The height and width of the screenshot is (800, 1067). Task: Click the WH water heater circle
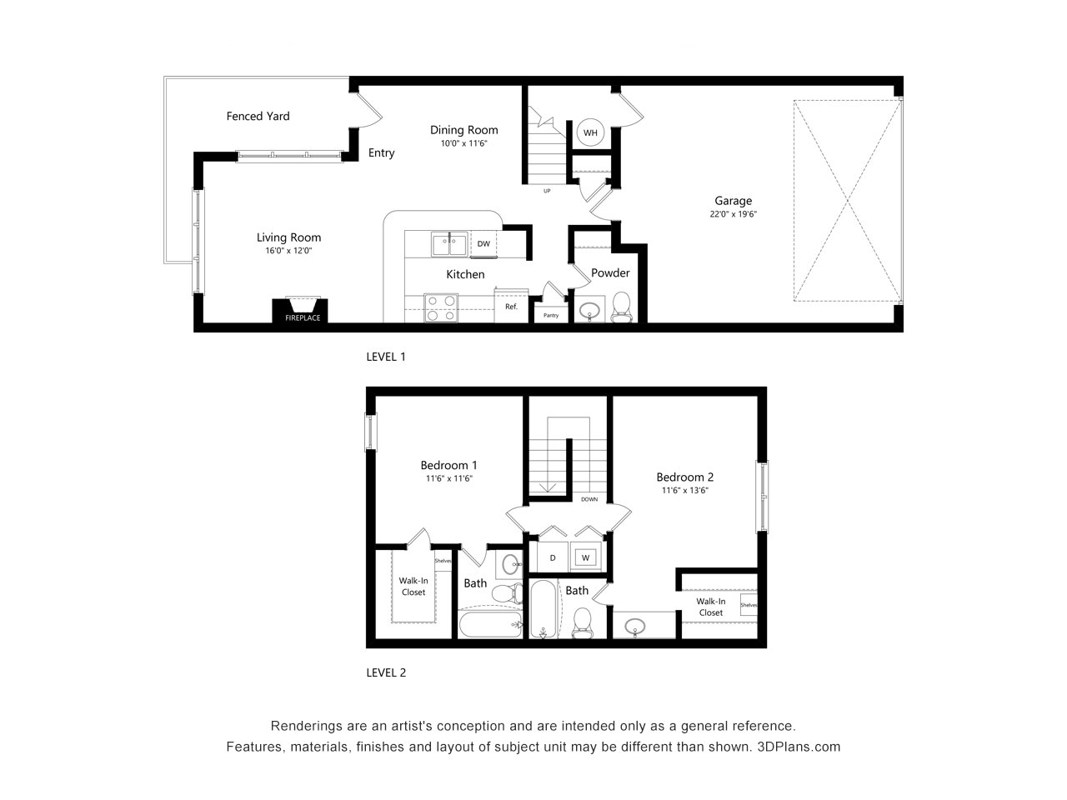tap(590, 132)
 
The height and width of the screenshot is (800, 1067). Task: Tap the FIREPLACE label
tap(303, 317)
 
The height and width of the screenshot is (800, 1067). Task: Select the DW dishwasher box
tap(483, 244)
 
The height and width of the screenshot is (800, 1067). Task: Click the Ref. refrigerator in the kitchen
tap(511, 306)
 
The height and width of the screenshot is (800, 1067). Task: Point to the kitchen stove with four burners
tap(441, 308)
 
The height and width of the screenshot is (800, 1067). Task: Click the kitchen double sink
tap(449, 244)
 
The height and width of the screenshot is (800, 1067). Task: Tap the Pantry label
tap(551, 315)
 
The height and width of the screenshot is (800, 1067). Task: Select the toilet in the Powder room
tap(621, 307)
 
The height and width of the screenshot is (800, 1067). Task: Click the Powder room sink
tap(589, 309)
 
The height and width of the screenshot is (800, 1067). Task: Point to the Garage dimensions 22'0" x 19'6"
tap(733, 213)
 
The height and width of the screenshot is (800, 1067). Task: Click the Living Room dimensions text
tap(288, 251)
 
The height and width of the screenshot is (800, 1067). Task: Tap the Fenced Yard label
tap(258, 116)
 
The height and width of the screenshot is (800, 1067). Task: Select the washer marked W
tap(585, 557)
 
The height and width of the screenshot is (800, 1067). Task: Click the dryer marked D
tap(553, 557)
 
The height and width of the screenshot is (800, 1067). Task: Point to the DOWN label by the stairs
tap(589, 499)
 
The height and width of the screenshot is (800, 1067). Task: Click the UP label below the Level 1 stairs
tap(547, 191)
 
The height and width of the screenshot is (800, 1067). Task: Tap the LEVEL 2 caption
tap(386, 672)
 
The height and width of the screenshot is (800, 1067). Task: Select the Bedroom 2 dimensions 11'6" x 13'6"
tap(684, 490)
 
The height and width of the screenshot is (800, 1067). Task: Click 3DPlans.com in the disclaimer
tap(799, 747)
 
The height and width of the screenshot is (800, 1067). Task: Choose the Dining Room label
tap(463, 130)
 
